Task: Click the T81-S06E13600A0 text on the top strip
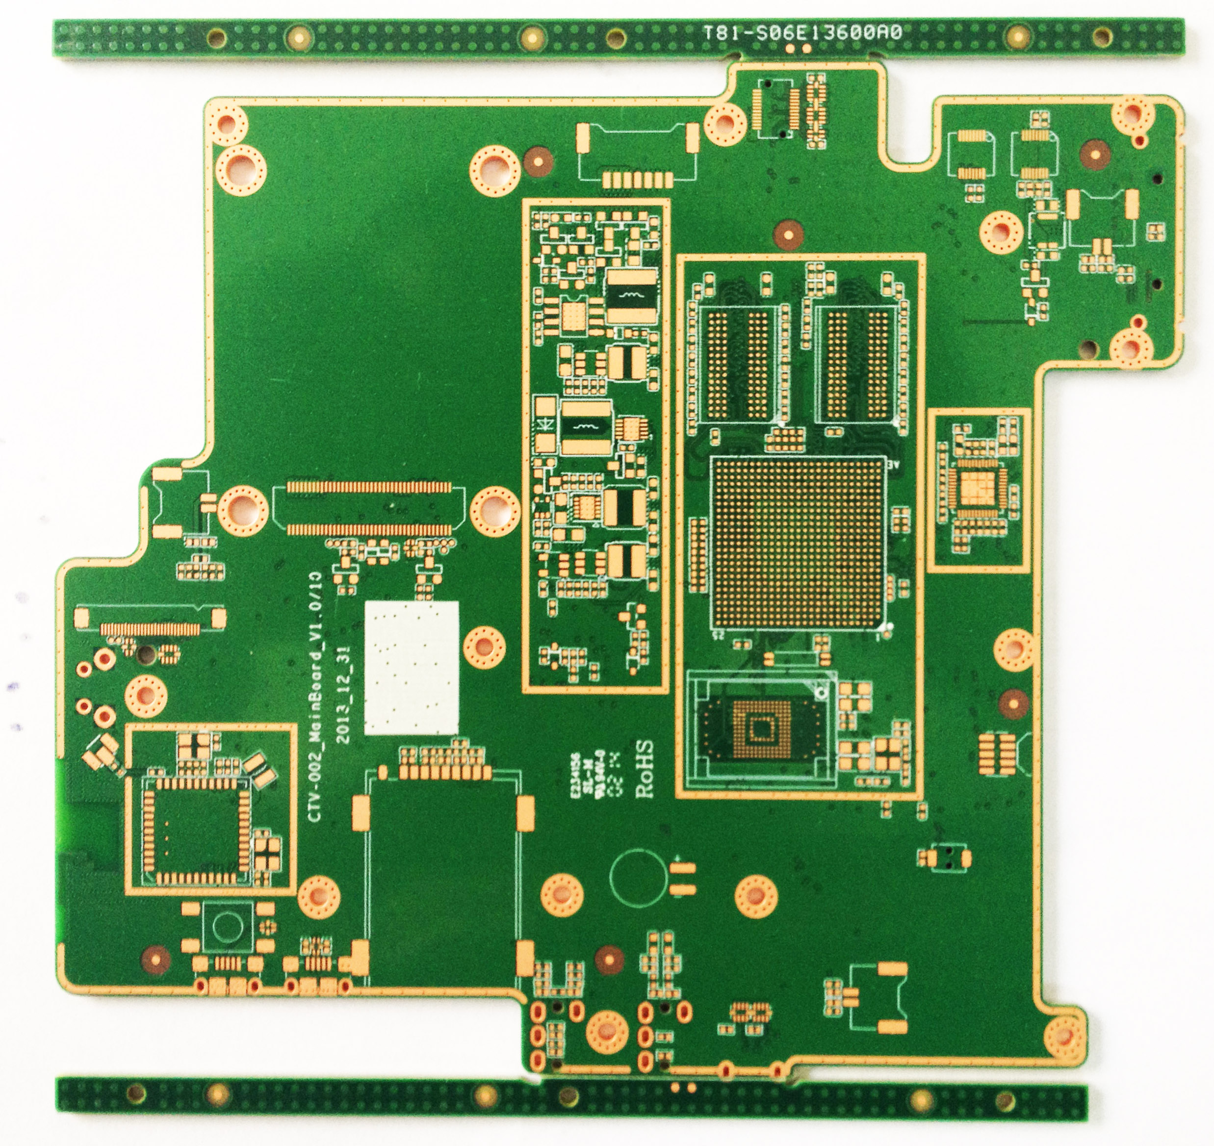(x=802, y=33)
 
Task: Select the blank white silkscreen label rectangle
(x=411, y=667)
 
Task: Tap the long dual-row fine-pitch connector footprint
(x=369, y=508)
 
